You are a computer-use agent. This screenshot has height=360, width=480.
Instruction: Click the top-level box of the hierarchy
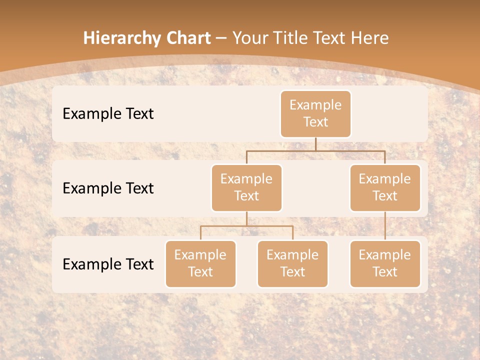tap(315, 113)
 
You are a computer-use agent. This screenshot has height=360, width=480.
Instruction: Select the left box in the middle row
tap(246, 187)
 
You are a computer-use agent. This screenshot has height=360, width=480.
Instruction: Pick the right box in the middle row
tap(385, 187)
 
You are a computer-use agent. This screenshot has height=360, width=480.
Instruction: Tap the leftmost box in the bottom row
tap(200, 263)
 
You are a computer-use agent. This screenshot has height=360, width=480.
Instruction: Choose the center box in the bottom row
tap(292, 263)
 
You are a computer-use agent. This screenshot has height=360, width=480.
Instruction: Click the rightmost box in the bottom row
tap(385, 263)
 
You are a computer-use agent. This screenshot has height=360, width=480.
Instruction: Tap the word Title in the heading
tap(288, 38)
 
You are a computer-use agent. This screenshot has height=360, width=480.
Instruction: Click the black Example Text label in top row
tap(108, 114)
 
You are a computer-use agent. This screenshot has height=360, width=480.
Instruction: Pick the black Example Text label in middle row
tap(108, 188)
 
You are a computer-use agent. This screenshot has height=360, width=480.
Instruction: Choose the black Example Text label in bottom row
tap(108, 264)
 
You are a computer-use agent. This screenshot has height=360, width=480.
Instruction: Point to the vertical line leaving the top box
tap(315, 144)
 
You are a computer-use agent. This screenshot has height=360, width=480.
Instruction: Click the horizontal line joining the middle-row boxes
tap(315, 150)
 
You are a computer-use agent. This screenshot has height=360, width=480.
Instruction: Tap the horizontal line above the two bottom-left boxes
tap(246, 226)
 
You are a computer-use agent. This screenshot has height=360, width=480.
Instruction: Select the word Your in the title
tap(250, 38)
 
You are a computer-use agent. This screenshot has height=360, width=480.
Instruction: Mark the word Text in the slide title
tap(328, 38)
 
